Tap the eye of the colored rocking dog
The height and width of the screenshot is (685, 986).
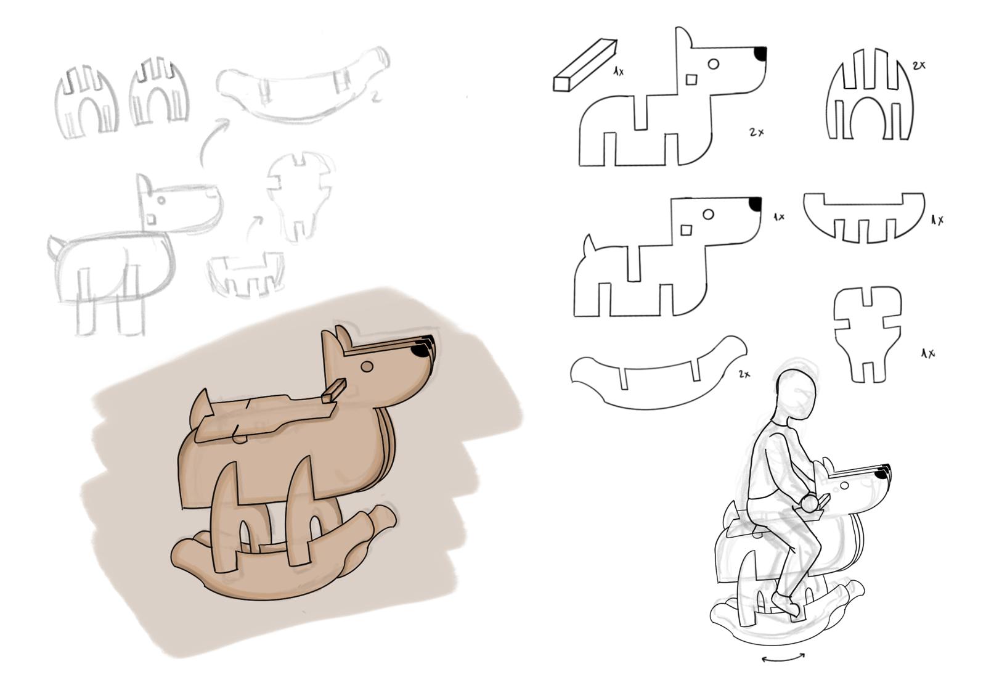(367, 366)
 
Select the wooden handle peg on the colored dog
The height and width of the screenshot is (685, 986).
(333, 392)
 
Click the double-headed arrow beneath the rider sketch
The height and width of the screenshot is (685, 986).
(783, 670)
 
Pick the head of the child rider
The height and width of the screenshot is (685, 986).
(796, 396)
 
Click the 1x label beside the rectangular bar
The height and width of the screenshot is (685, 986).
(619, 72)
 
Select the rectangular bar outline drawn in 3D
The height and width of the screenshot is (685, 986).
(585, 65)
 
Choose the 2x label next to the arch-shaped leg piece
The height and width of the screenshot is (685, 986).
(919, 65)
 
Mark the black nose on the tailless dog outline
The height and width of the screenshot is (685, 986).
(761, 54)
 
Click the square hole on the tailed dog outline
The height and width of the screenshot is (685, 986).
(686, 231)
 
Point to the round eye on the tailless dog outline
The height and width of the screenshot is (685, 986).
(714, 64)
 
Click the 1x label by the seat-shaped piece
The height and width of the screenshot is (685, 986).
(928, 353)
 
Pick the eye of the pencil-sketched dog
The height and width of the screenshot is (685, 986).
(161, 200)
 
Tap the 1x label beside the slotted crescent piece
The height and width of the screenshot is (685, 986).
(937, 220)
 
